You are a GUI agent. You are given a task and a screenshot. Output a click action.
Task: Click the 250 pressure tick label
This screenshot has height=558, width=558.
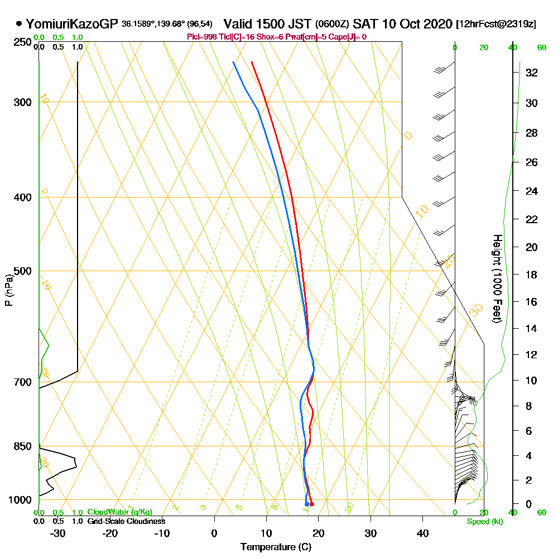21,42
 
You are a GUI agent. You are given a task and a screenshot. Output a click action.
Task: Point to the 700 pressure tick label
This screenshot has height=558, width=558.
21,382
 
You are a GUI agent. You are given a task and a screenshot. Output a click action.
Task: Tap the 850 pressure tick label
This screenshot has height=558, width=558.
21,446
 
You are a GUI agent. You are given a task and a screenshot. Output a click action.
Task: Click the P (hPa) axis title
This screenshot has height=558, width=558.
8,290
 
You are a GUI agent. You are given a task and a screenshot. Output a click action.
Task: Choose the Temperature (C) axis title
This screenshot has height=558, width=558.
276,547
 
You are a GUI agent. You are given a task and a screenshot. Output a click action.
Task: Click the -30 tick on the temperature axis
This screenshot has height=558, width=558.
58,533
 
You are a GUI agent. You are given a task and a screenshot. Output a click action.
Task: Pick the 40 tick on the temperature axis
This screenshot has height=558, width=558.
423,533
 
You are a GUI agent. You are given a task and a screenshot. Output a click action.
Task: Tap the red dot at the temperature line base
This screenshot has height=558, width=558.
311,504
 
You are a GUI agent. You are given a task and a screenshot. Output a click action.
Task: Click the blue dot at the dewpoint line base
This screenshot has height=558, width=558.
307,504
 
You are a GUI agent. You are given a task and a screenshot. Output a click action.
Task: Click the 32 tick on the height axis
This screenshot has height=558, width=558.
531,73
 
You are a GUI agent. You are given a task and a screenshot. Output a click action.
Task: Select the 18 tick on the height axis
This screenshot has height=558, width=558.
531,275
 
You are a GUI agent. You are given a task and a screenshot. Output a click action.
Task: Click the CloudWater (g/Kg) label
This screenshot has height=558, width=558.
119,512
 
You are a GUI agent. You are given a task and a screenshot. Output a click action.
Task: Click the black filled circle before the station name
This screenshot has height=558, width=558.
19,24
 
